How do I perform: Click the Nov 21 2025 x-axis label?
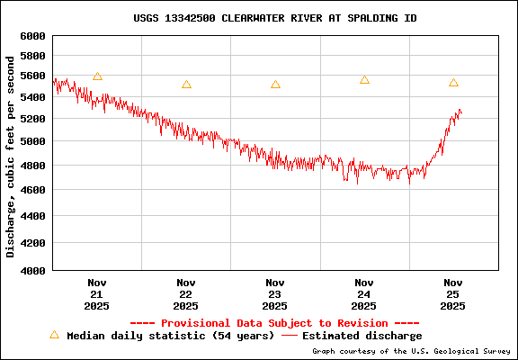pos(97,294)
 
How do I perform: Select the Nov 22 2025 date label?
pos(186,294)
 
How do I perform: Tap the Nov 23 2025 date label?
pos(275,294)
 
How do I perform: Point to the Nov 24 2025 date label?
pos(364,294)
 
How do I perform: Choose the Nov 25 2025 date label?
pos(453,294)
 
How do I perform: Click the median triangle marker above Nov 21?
pos(97,76)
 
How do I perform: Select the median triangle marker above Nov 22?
pos(186,85)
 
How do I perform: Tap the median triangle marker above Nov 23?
pos(275,85)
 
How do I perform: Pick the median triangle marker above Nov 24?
pos(364,80)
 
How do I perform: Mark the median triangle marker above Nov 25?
pos(453,83)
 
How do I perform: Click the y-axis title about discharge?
pos(11,156)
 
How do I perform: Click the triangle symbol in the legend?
pos(54,335)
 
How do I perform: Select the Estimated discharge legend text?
pos(362,336)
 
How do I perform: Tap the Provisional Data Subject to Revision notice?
pos(274,322)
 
